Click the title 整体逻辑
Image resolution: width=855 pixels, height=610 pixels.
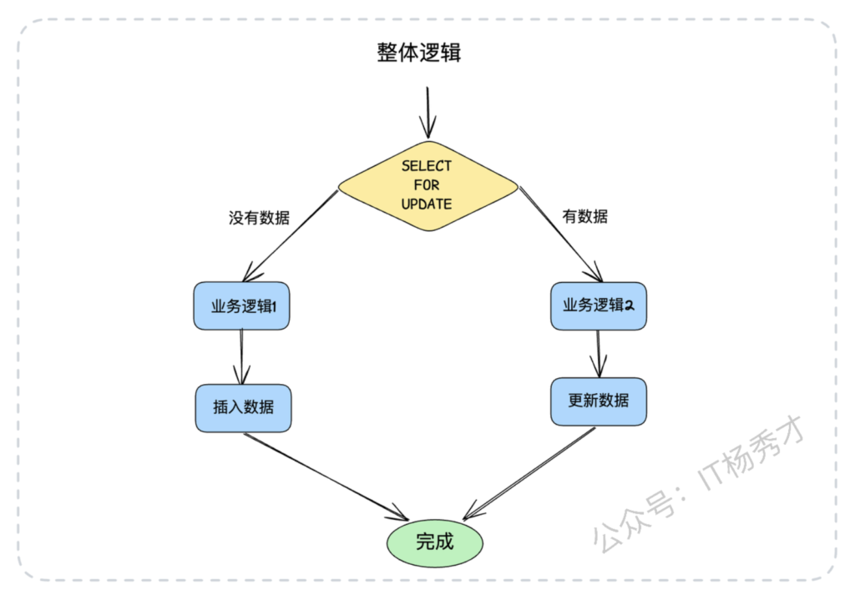click(418, 53)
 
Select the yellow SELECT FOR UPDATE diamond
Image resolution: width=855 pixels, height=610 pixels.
click(427, 185)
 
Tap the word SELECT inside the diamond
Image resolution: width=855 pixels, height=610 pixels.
click(426, 166)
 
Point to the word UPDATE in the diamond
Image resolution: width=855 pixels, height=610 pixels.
click(426, 204)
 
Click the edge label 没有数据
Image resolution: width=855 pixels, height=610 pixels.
click(259, 218)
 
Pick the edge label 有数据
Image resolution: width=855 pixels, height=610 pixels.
click(584, 217)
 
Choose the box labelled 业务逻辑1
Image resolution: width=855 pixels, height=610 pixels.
click(242, 305)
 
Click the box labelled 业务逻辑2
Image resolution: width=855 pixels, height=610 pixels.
click(598, 305)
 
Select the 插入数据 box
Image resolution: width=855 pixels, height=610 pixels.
click(243, 408)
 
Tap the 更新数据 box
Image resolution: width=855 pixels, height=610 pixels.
click(598, 401)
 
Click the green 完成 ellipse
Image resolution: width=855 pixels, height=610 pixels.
click(434, 542)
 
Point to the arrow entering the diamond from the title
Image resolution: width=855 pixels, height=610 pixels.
click(427, 113)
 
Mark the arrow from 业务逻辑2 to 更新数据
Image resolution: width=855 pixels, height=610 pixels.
click(598, 354)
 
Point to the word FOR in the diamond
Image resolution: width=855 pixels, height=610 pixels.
click(426, 185)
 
